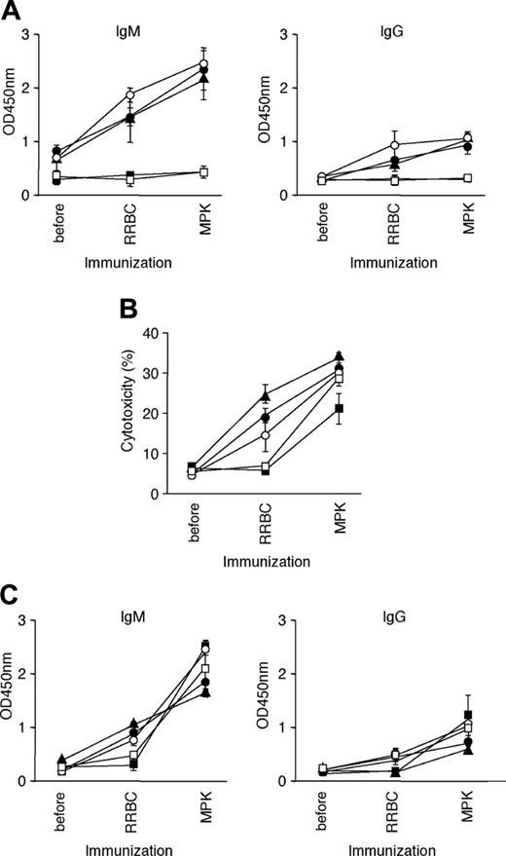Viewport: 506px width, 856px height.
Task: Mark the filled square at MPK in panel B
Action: (338, 408)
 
